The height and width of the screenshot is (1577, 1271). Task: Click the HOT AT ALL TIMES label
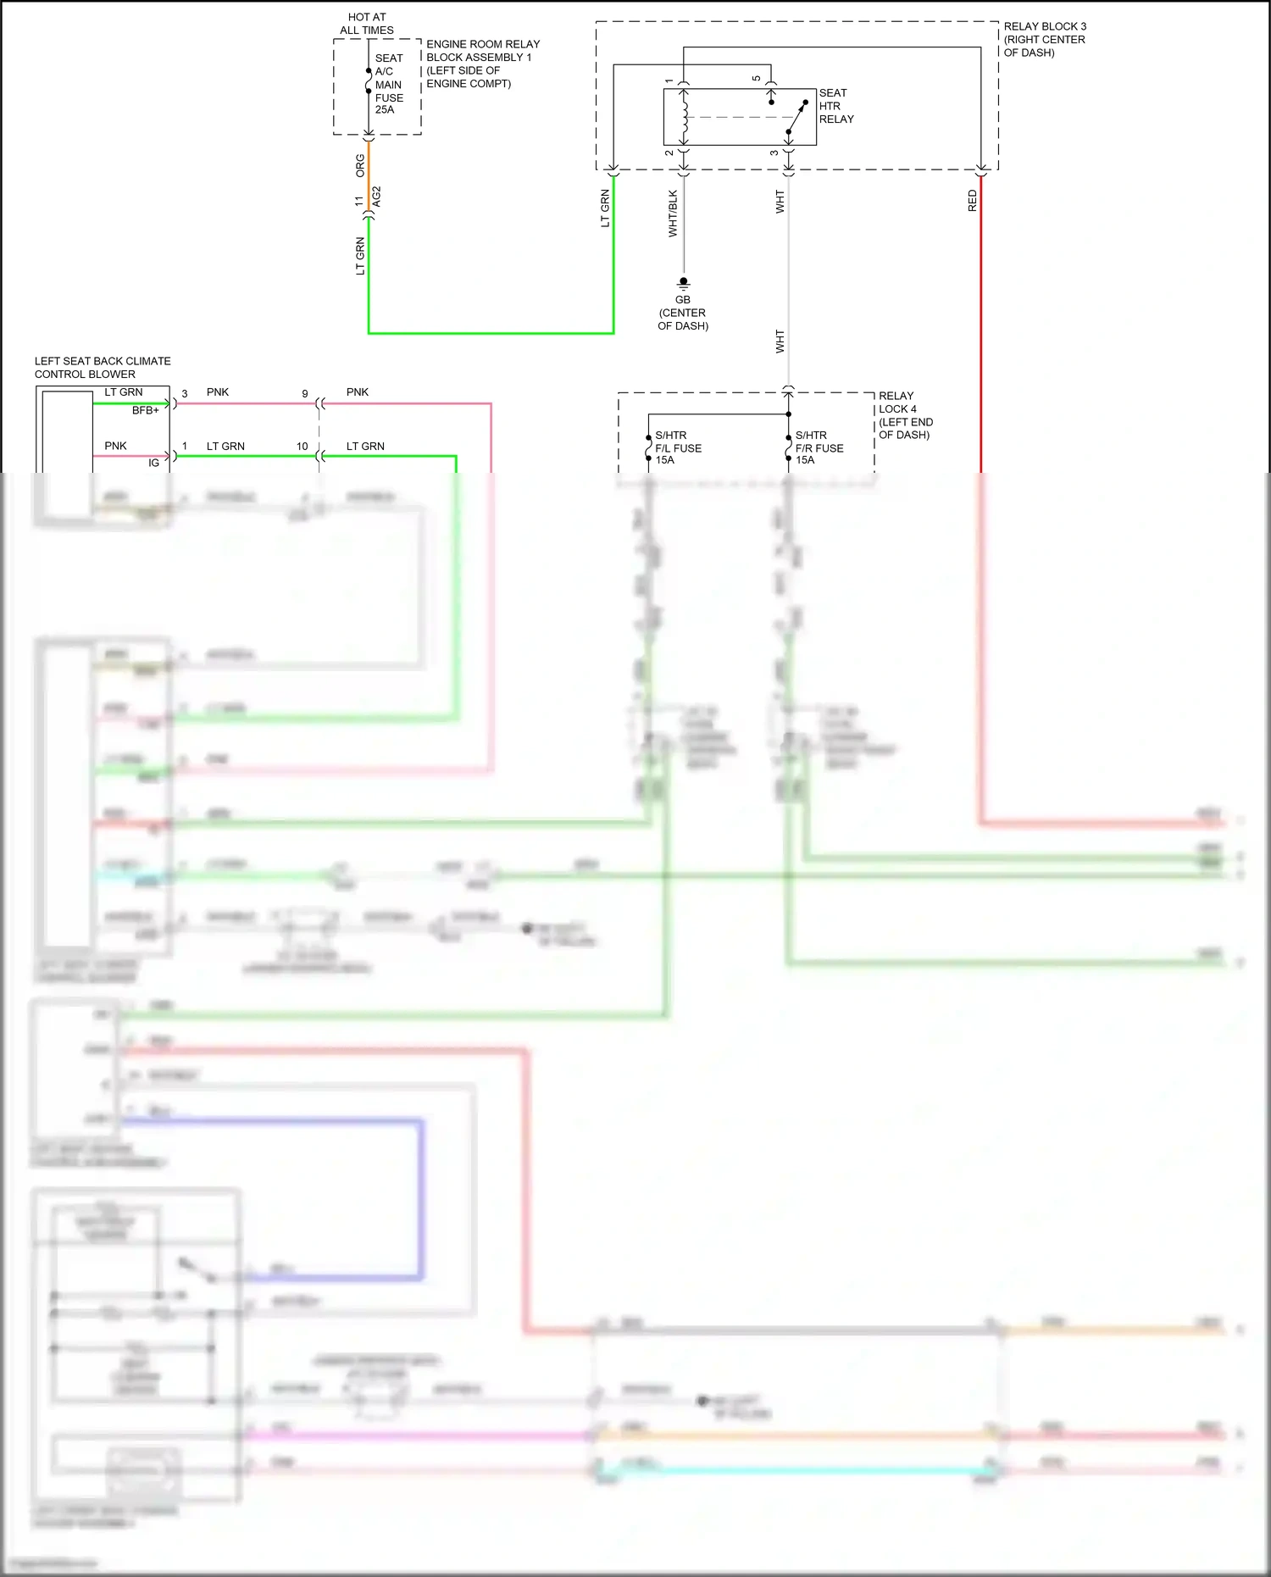point(366,24)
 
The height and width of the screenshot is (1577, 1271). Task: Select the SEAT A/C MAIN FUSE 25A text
point(389,84)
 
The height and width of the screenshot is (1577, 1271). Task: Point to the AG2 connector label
point(377,197)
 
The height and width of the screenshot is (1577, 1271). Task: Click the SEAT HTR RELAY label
point(835,106)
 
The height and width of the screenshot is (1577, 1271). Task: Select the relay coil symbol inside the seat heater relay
point(684,116)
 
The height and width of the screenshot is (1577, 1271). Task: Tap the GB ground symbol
point(683,282)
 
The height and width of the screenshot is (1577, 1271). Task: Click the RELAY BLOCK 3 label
point(1044,39)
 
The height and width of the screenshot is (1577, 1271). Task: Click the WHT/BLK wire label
point(673,213)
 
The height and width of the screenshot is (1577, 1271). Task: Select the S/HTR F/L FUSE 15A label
point(677,447)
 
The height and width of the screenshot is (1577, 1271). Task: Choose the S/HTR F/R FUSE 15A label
point(819,447)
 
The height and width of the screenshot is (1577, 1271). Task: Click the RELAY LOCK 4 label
point(905,415)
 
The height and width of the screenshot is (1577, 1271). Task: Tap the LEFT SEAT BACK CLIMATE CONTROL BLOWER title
point(103,368)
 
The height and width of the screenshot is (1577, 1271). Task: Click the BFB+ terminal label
point(145,410)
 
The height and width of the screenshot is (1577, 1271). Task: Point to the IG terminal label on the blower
point(153,463)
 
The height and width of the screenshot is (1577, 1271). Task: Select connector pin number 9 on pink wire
point(305,394)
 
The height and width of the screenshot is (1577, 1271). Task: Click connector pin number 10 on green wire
point(302,447)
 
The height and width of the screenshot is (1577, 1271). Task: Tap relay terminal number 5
point(757,79)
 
